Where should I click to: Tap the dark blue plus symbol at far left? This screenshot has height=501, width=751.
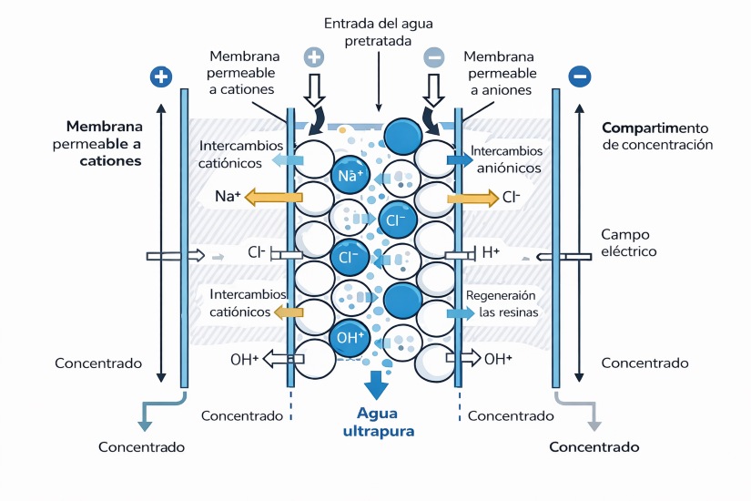pyautogui.click(x=160, y=77)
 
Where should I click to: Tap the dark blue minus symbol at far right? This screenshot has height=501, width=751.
pyautogui.click(x=579, y=77)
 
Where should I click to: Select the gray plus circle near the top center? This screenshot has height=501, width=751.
pyautogui.click(x=314, y=56)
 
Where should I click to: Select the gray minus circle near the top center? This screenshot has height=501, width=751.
pyautogui.click(x=434, y=56)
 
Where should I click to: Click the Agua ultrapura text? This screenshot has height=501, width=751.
pyautogui.click(x=378, y=422)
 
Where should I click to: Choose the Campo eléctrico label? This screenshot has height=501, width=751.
pyautogui.click(x=628, y=242)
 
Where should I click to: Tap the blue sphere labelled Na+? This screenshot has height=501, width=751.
pyautogui.click(x=350, y=175)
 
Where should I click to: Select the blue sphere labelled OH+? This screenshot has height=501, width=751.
pyautogui.click(x=350, y=337)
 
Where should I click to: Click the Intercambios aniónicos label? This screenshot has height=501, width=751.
pyautogui.click(x=507, y=158)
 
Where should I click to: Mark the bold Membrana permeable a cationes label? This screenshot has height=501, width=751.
pyautogui.click(x=104, y=143)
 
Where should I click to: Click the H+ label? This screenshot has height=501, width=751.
pyautogui.click(x=490, y=252)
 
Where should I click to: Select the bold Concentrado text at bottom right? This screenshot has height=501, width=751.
pyautogui.click(x=594, y=447)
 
